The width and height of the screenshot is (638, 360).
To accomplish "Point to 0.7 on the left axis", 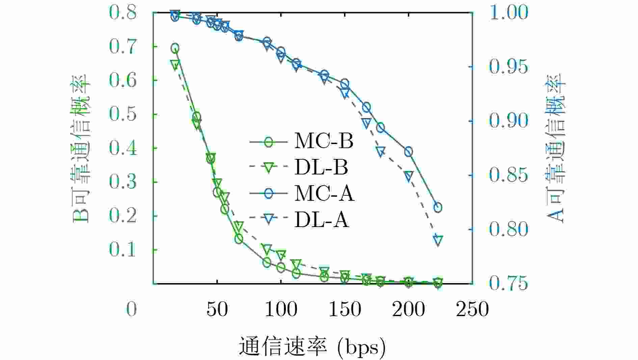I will [x=123, y=46].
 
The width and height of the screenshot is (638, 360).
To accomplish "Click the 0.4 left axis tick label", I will [x=123, y=148].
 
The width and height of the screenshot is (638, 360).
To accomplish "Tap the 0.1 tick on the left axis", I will [x=123, y=250].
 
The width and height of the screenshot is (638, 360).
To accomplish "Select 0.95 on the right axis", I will [x=508, y=66].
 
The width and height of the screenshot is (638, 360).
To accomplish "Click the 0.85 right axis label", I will [x=508, y=175].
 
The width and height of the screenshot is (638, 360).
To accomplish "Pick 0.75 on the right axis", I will [x=508, y=283].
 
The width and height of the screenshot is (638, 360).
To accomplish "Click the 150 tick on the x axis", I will [x=345, y=309].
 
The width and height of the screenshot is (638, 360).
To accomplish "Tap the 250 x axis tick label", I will [x=472, y=309].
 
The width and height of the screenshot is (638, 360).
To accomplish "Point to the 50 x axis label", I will [x=217, y=309].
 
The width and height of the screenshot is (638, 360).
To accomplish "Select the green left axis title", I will [x=81, y=148].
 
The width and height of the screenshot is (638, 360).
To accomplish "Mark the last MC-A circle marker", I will [x=438, y=207].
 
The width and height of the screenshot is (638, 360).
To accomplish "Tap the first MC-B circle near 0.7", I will [x=175, y=48].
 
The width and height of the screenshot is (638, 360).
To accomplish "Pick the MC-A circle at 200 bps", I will [x=408, y=151].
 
